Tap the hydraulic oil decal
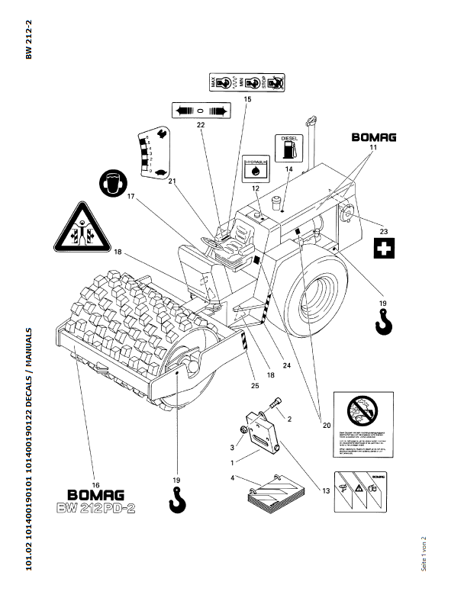pyautogui.click(x=253, y=169)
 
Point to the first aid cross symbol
pyautogui.click(x=385, y=249)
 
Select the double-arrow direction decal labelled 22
pyautogui.click(x=200, y=110)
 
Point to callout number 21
pyautogui.click(x=172, y=181)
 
